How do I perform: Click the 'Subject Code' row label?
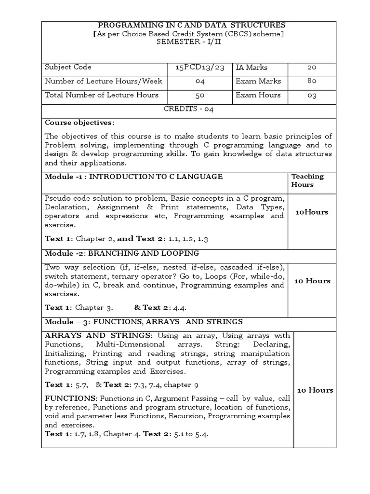[x=68, y=67]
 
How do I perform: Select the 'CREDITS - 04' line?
[x=188, y=109]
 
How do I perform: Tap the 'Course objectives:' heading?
[x=79, y=123]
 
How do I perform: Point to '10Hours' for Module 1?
[x=312, y=212]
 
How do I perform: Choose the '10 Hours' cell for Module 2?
[x=312, y=281]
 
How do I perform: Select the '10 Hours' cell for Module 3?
[x=315, y=390]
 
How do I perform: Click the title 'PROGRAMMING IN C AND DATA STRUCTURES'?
[x=192, y=25]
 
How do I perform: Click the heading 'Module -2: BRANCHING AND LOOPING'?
[x=121, y=253]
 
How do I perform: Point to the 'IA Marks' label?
[x=251, y=68]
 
